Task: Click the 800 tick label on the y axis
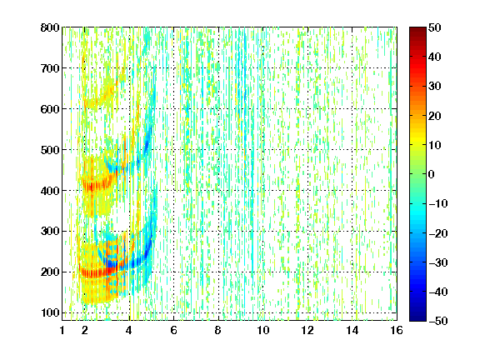click(x=50, y=27)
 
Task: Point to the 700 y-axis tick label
click(x=50, y=68)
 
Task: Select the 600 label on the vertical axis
click(x=50, y=109)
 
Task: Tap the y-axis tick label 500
click(x=50, y=150)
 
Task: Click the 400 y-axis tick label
click(x=50, y=191)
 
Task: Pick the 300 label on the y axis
click(x=50, y=232)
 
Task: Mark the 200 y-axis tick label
click(x=50, y=272)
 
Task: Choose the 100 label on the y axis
click(x=50, y=312)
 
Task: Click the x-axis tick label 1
click(x=62, y=330)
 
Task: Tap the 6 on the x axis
click(x=173, y=330)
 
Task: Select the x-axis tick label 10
click(x=263, y=330)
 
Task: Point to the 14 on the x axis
click(x=352, y=330)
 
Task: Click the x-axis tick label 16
click(x=397, y=330)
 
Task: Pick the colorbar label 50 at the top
click(x=435, y=27)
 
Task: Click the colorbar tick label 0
click(x=432, y=174)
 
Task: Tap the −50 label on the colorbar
click(x=438, y=321)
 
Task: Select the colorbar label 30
click(x=435, y=87)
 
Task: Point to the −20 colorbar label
click(x=438, y=233)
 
